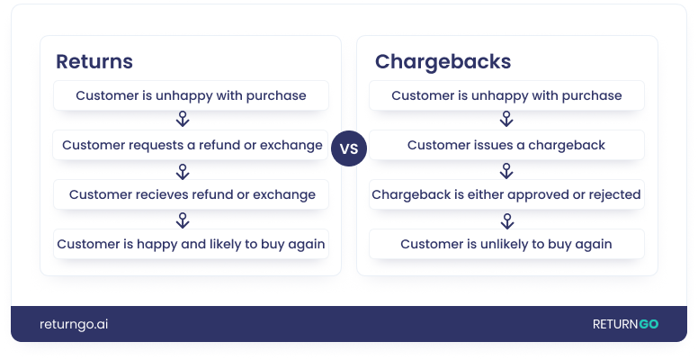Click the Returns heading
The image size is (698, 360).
94,62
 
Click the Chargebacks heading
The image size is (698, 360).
443,62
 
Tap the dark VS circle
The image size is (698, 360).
349,149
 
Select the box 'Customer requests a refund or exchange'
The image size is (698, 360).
191,145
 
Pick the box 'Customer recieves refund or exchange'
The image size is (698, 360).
191,194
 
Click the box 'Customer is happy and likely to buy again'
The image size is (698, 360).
191,244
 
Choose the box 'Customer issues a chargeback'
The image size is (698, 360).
506,145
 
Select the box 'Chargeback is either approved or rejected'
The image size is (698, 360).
506,194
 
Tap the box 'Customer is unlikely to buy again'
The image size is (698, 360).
506,244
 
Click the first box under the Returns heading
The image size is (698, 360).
191,95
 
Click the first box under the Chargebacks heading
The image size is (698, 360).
506,95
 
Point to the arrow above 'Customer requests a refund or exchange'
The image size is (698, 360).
182,120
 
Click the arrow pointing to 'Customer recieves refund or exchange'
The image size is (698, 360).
182,170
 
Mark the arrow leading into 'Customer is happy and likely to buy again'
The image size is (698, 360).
182,220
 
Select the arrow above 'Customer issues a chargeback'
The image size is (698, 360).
506,120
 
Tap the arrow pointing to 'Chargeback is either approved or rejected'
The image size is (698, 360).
506,170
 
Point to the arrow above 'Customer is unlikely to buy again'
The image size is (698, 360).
506,220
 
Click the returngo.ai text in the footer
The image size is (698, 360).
74,324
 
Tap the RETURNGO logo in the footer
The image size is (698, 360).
624,324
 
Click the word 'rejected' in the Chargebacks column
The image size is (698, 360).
611,194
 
